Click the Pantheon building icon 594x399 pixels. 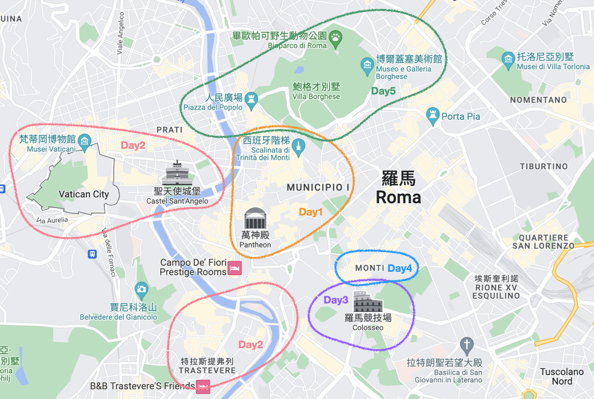coord(255,219)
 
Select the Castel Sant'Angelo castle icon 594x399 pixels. coord(177,173)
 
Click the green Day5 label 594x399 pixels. coord(383,91)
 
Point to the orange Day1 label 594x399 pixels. coord(310,212)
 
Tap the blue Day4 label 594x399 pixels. coord(400,269)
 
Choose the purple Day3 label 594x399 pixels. coord(336,300)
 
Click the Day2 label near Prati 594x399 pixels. coord(133,146)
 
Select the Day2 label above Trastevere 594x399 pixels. coord(251,344)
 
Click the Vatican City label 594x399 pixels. coord(84,194)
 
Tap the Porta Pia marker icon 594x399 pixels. coord(433,116)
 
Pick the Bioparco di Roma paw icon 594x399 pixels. coord(336,38)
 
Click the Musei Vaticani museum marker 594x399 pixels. coord(85,140)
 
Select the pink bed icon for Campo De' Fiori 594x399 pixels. coord(234,269)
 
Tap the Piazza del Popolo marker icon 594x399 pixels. coord(251,98)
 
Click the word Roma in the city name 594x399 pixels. coord(398,197)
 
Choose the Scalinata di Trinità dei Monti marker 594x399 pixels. coord(298,144)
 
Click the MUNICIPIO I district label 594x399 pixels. coord(318,187)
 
